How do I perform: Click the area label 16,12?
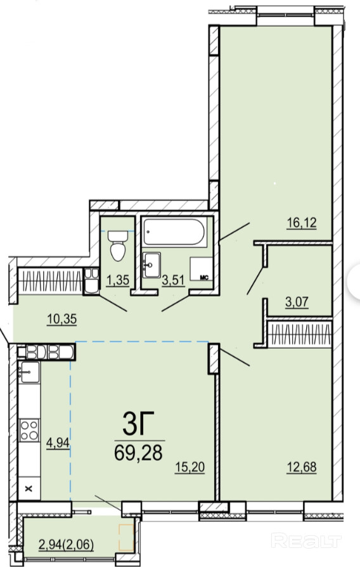pos(302,223)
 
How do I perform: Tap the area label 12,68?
pos(302,467)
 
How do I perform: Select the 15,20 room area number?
pos(190,467)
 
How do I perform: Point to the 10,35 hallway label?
pos(62,319)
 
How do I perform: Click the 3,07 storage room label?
pos(297,302)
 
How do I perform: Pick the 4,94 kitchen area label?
pos(58,442)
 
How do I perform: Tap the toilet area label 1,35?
pos(118,280)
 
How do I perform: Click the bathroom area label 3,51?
pos(173,280)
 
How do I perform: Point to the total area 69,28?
pos(138,452)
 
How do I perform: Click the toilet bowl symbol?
pos(118,245)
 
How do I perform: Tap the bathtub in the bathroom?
pos(174,231)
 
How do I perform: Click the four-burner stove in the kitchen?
pos(29,429)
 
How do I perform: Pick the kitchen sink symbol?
pos(29,372)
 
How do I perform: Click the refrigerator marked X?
pos(29,488)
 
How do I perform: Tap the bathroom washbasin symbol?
pos(151,265)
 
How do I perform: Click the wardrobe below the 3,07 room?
pos(299,333)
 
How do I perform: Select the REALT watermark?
pos(305,541)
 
